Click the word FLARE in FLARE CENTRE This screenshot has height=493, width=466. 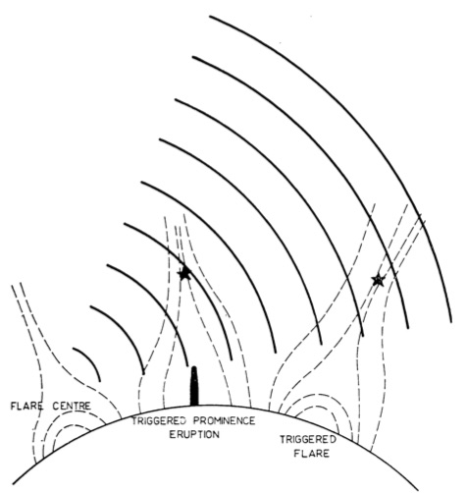pos(27,407)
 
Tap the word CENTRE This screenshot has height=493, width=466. pos(72,407)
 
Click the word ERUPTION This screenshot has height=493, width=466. pos(193,435)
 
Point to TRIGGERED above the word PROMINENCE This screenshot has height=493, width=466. pos(159,420)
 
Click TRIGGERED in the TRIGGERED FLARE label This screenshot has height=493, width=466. pos(308,440)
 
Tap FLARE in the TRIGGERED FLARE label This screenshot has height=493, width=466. pos(312,454)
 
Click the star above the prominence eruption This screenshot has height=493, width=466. pos(184,273)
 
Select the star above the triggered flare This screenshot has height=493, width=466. pos(379,280)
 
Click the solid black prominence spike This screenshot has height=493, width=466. pos(194,386)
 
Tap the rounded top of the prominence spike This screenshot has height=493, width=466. pos(194,367)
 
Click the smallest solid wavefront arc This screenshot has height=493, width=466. pos(91,359)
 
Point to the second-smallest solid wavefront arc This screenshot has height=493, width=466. pos(125,332)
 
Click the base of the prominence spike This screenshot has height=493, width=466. pos(194,406)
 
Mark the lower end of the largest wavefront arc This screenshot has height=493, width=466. pos(451,322)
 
